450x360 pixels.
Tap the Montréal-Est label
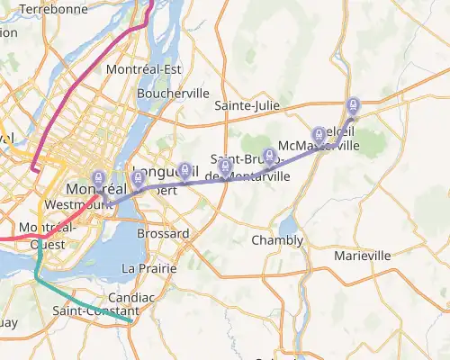click(144, 69)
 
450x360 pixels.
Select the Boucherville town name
click(174, 93)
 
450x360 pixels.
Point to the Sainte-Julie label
click(247, 106)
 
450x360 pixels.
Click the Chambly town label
click(277, 240)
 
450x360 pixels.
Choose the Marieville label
click(362, 256)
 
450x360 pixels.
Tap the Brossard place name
click(163, 234)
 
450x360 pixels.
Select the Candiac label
click(131, 296)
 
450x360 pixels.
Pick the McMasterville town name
click(319, 146)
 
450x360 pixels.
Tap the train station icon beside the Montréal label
click(99, 178)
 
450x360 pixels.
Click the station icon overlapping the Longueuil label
click(185, 169)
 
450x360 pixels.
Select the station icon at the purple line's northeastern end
click(353, 105)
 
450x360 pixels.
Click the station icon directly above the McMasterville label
click(319, 134)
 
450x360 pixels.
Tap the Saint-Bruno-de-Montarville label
click(249, 168)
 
